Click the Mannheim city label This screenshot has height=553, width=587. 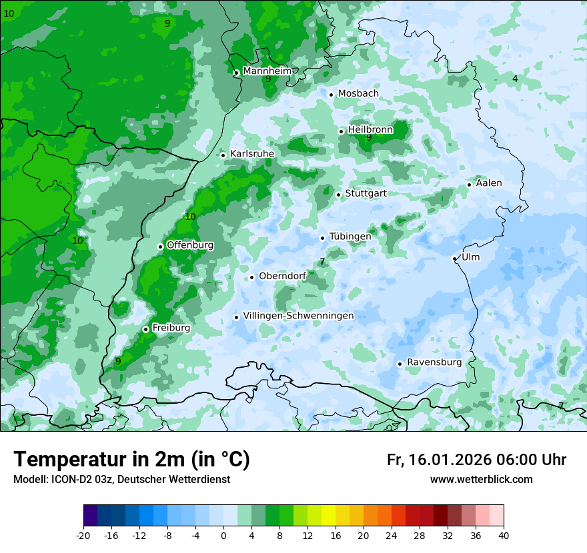tap(267, 71)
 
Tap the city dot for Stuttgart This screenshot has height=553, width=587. tap(339, 195)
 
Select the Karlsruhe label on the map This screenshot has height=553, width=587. tap(251, 154)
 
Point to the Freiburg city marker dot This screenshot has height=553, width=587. tap(145, 329)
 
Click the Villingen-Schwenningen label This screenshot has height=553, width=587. tap(298, 316)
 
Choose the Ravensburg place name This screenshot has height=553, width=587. tap(434, 362)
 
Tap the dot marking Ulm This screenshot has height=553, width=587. tap(455, 259)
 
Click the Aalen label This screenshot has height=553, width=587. tap(489, 183)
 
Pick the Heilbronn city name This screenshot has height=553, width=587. tap(370, 129)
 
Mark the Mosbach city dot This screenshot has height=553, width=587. tap(331, 95)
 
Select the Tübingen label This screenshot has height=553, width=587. tap(350, 237)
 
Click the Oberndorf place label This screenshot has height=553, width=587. tap(282, 276)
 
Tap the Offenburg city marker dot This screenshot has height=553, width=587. tap(160, 247)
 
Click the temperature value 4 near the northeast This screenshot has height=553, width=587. tap(515, 79)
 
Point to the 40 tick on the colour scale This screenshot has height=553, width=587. tap(504, 536)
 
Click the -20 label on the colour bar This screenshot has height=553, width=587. tap(83, 536)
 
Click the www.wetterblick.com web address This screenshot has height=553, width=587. tap(482, 480)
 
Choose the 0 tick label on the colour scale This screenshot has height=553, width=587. tap(223, 536)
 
